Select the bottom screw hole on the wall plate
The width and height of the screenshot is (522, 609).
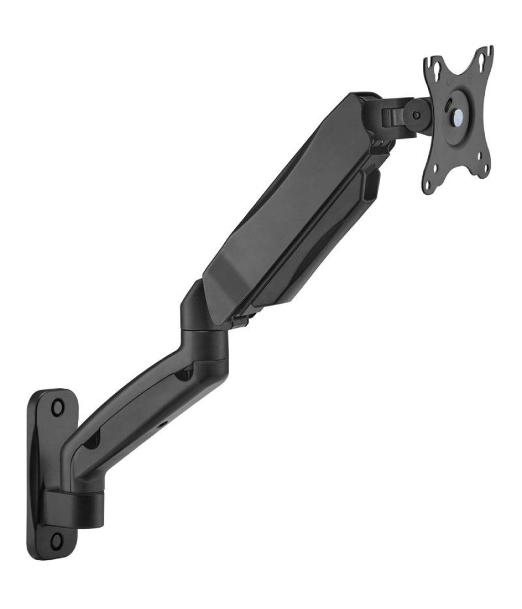tap(56, 541)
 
